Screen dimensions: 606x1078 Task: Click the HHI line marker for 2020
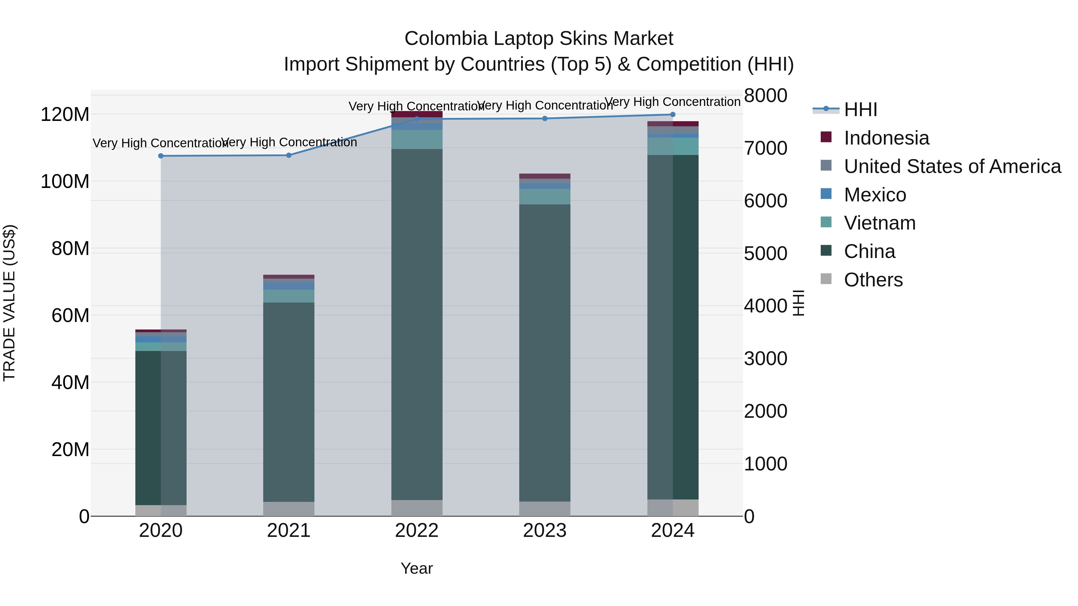click(161, 156)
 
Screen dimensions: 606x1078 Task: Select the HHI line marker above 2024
click(673, 115)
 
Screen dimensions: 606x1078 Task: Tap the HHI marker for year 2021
click(289, 155)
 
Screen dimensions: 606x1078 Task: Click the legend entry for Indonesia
click(886, 138)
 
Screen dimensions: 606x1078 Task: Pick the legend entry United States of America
click(952, 166)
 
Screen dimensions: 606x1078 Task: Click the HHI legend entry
click(860, 110)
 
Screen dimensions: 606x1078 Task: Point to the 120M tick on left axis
click(65, 115)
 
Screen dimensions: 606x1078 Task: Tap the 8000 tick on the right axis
click(765, 95)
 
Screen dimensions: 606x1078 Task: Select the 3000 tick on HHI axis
click(765, 359)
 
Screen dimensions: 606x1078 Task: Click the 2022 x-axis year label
click(417, 531)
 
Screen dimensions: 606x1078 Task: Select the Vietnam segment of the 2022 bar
click(417, 139)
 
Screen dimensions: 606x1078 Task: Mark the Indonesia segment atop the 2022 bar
click(417, 114)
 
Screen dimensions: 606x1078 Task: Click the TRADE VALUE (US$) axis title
click(9, 303)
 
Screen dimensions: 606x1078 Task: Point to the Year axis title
click(417, 568)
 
